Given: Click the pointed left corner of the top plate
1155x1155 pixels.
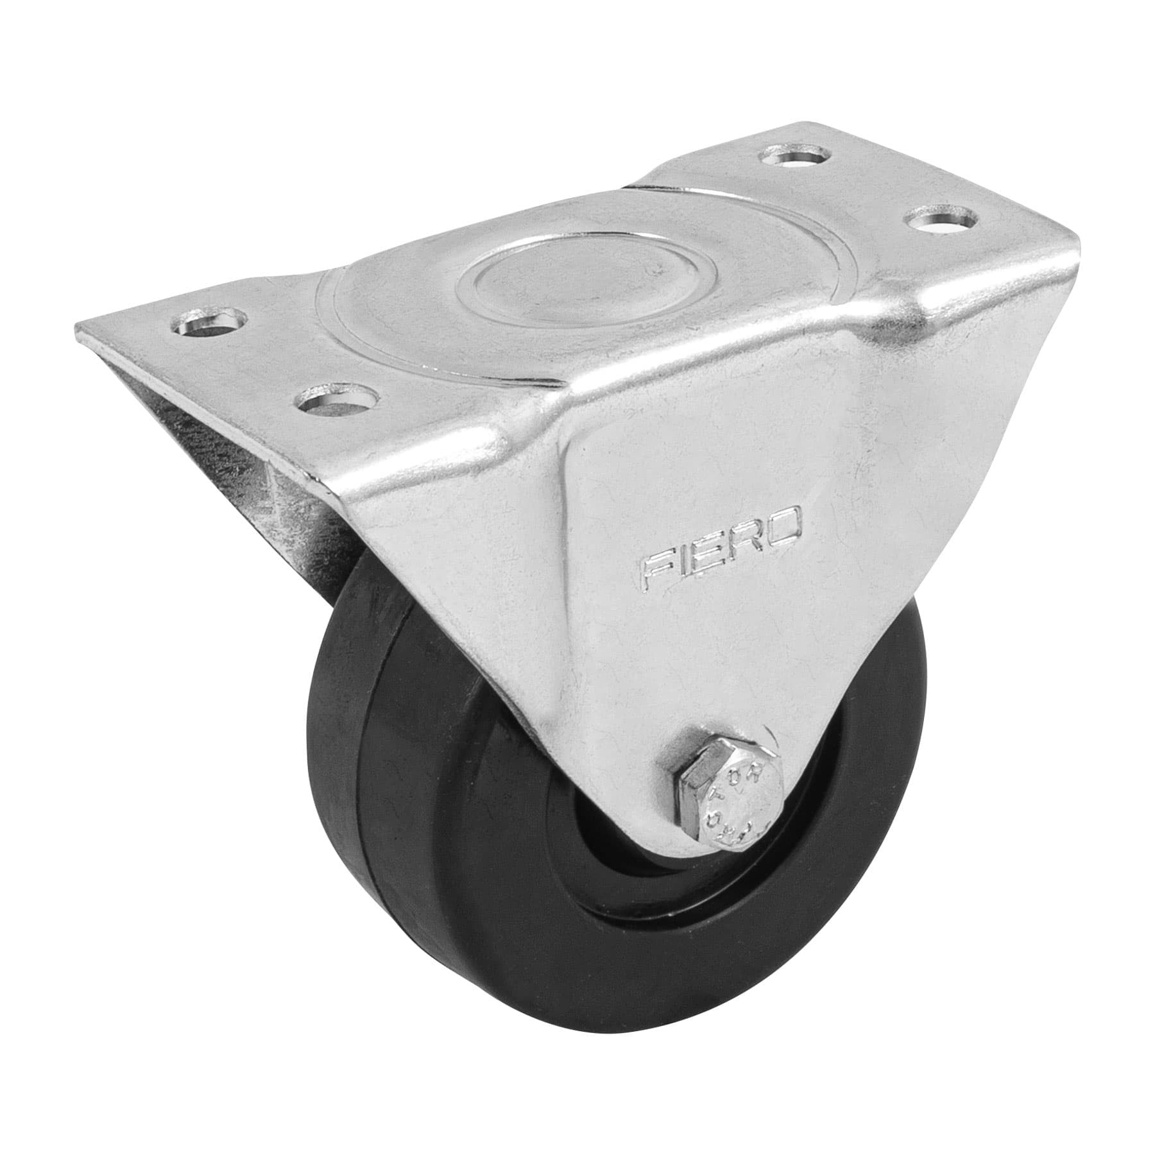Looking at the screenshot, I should coord(78,324).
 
